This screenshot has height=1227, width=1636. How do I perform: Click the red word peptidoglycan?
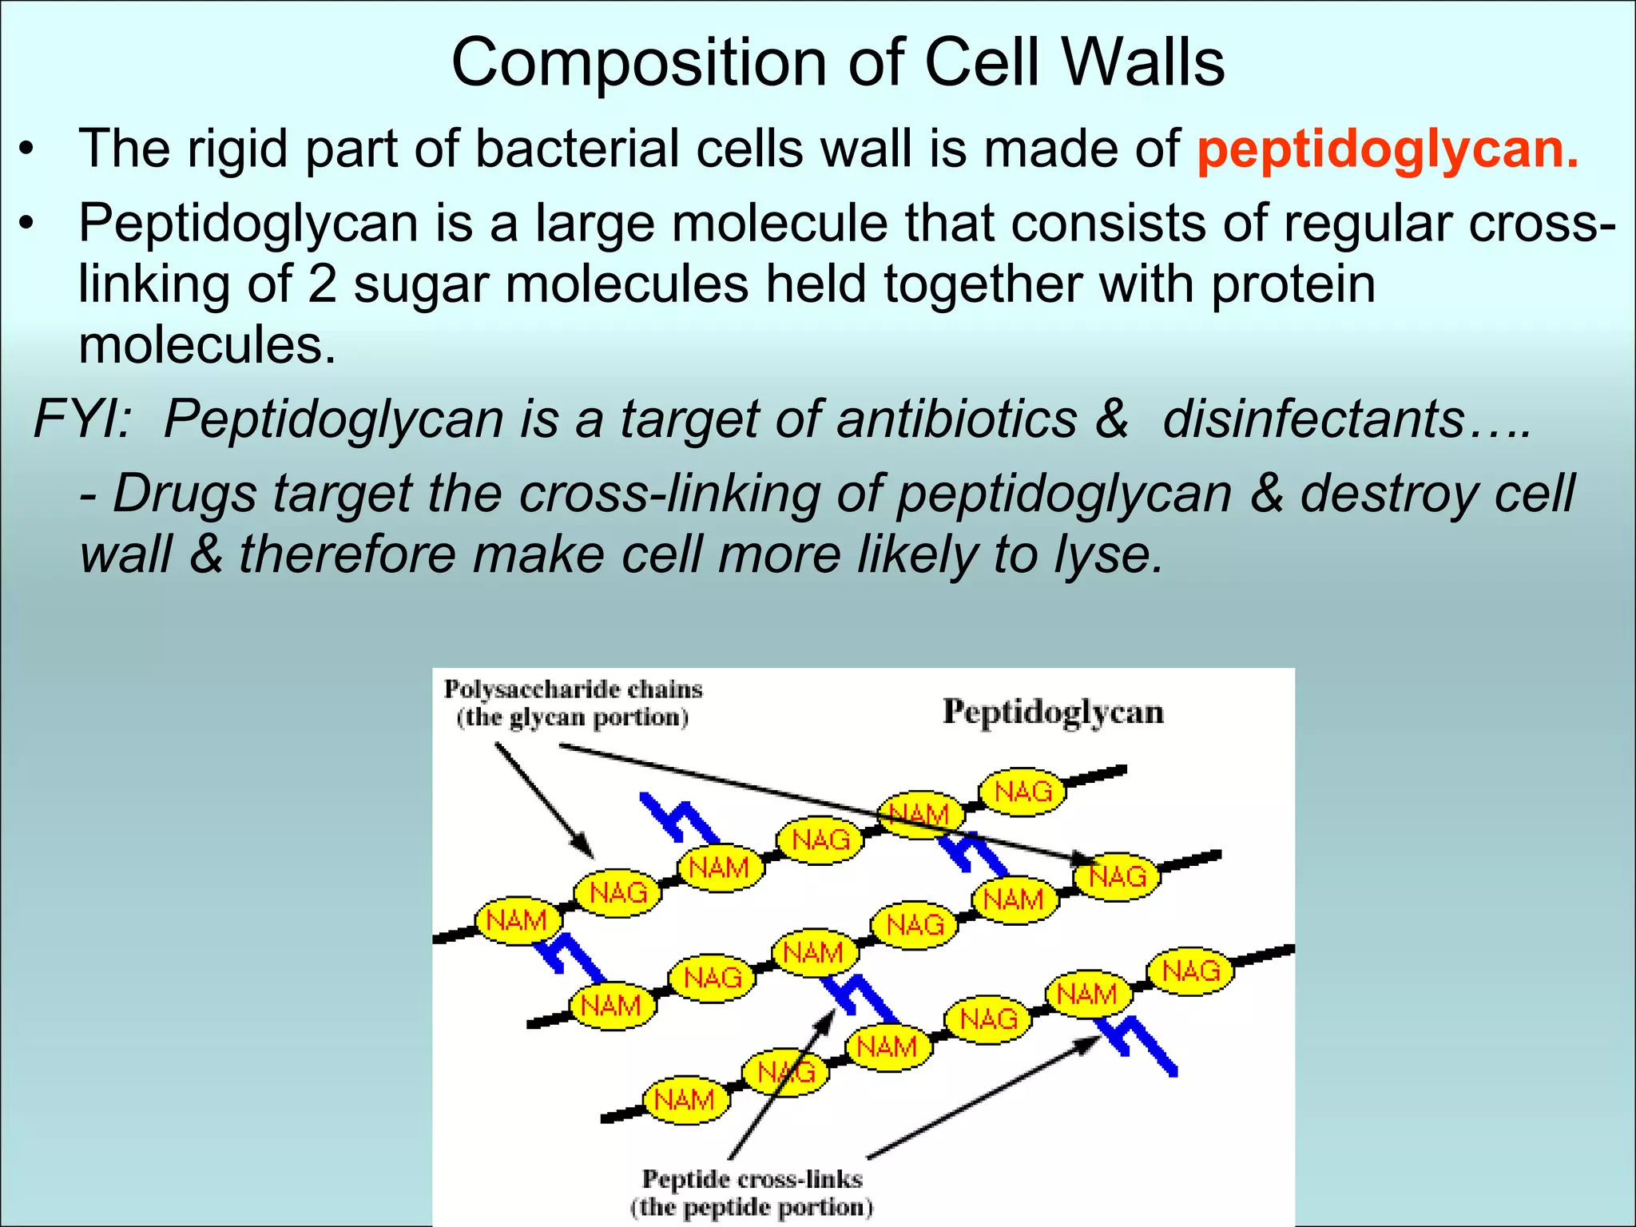(x=1388, y=149)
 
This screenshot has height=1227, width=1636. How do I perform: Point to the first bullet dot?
(x=28, y=149)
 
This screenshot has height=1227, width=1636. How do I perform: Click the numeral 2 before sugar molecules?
(x=322, y=285)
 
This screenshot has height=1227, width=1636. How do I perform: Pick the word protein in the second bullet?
(x=1293, y=285)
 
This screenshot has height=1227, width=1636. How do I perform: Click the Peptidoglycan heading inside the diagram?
(x=1053, y=712)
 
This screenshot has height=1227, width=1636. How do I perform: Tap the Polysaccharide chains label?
(x=573, y=689)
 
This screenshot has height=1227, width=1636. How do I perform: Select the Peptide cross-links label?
(x=752, y=1179)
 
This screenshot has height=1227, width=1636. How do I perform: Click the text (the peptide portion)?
(x=752, y=1207)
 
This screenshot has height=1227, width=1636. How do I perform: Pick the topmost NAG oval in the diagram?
(x=1022, y=792)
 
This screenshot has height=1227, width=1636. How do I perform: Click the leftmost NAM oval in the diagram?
(x=517, y=920)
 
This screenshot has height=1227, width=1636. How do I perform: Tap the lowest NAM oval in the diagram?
(x=685, y=1101)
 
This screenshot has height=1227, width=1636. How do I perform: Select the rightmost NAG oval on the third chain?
(x=1190, y=971)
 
